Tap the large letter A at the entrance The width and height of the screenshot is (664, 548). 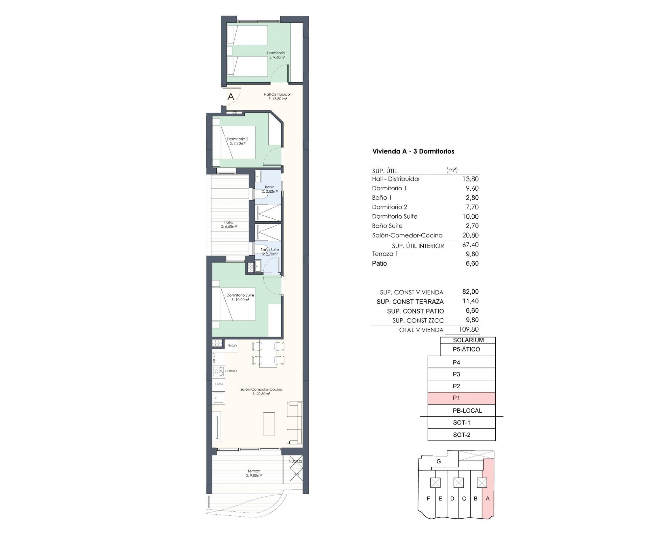click(x=231, y=97)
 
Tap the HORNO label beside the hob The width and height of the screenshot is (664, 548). click(x=231, y=371)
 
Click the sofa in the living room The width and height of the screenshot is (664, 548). click(x=295, y=423)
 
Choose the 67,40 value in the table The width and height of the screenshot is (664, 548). click(x=470, y=245)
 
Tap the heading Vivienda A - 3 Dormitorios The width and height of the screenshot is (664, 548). click(x=413, y=151)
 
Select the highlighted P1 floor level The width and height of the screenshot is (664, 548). click(x=461, y=398)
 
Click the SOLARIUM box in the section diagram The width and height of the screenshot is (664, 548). click(x=468, y=340)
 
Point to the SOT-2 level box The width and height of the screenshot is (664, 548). click(x=461, y=435)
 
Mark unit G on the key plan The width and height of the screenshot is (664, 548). click(x=438, y=461)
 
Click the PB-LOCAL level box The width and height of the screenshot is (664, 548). click(x=467, y=411)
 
